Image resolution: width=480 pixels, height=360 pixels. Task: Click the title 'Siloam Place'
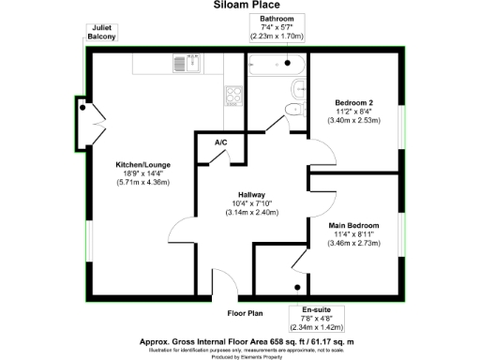click(239, 6)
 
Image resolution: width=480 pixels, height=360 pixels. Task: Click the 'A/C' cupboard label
click(221, 142)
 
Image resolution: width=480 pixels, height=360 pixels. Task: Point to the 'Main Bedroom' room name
click(353, 226)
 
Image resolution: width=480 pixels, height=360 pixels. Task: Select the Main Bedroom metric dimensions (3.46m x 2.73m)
click(353, 244)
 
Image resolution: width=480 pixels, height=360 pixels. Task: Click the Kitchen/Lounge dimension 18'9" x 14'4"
click(142, 172)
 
